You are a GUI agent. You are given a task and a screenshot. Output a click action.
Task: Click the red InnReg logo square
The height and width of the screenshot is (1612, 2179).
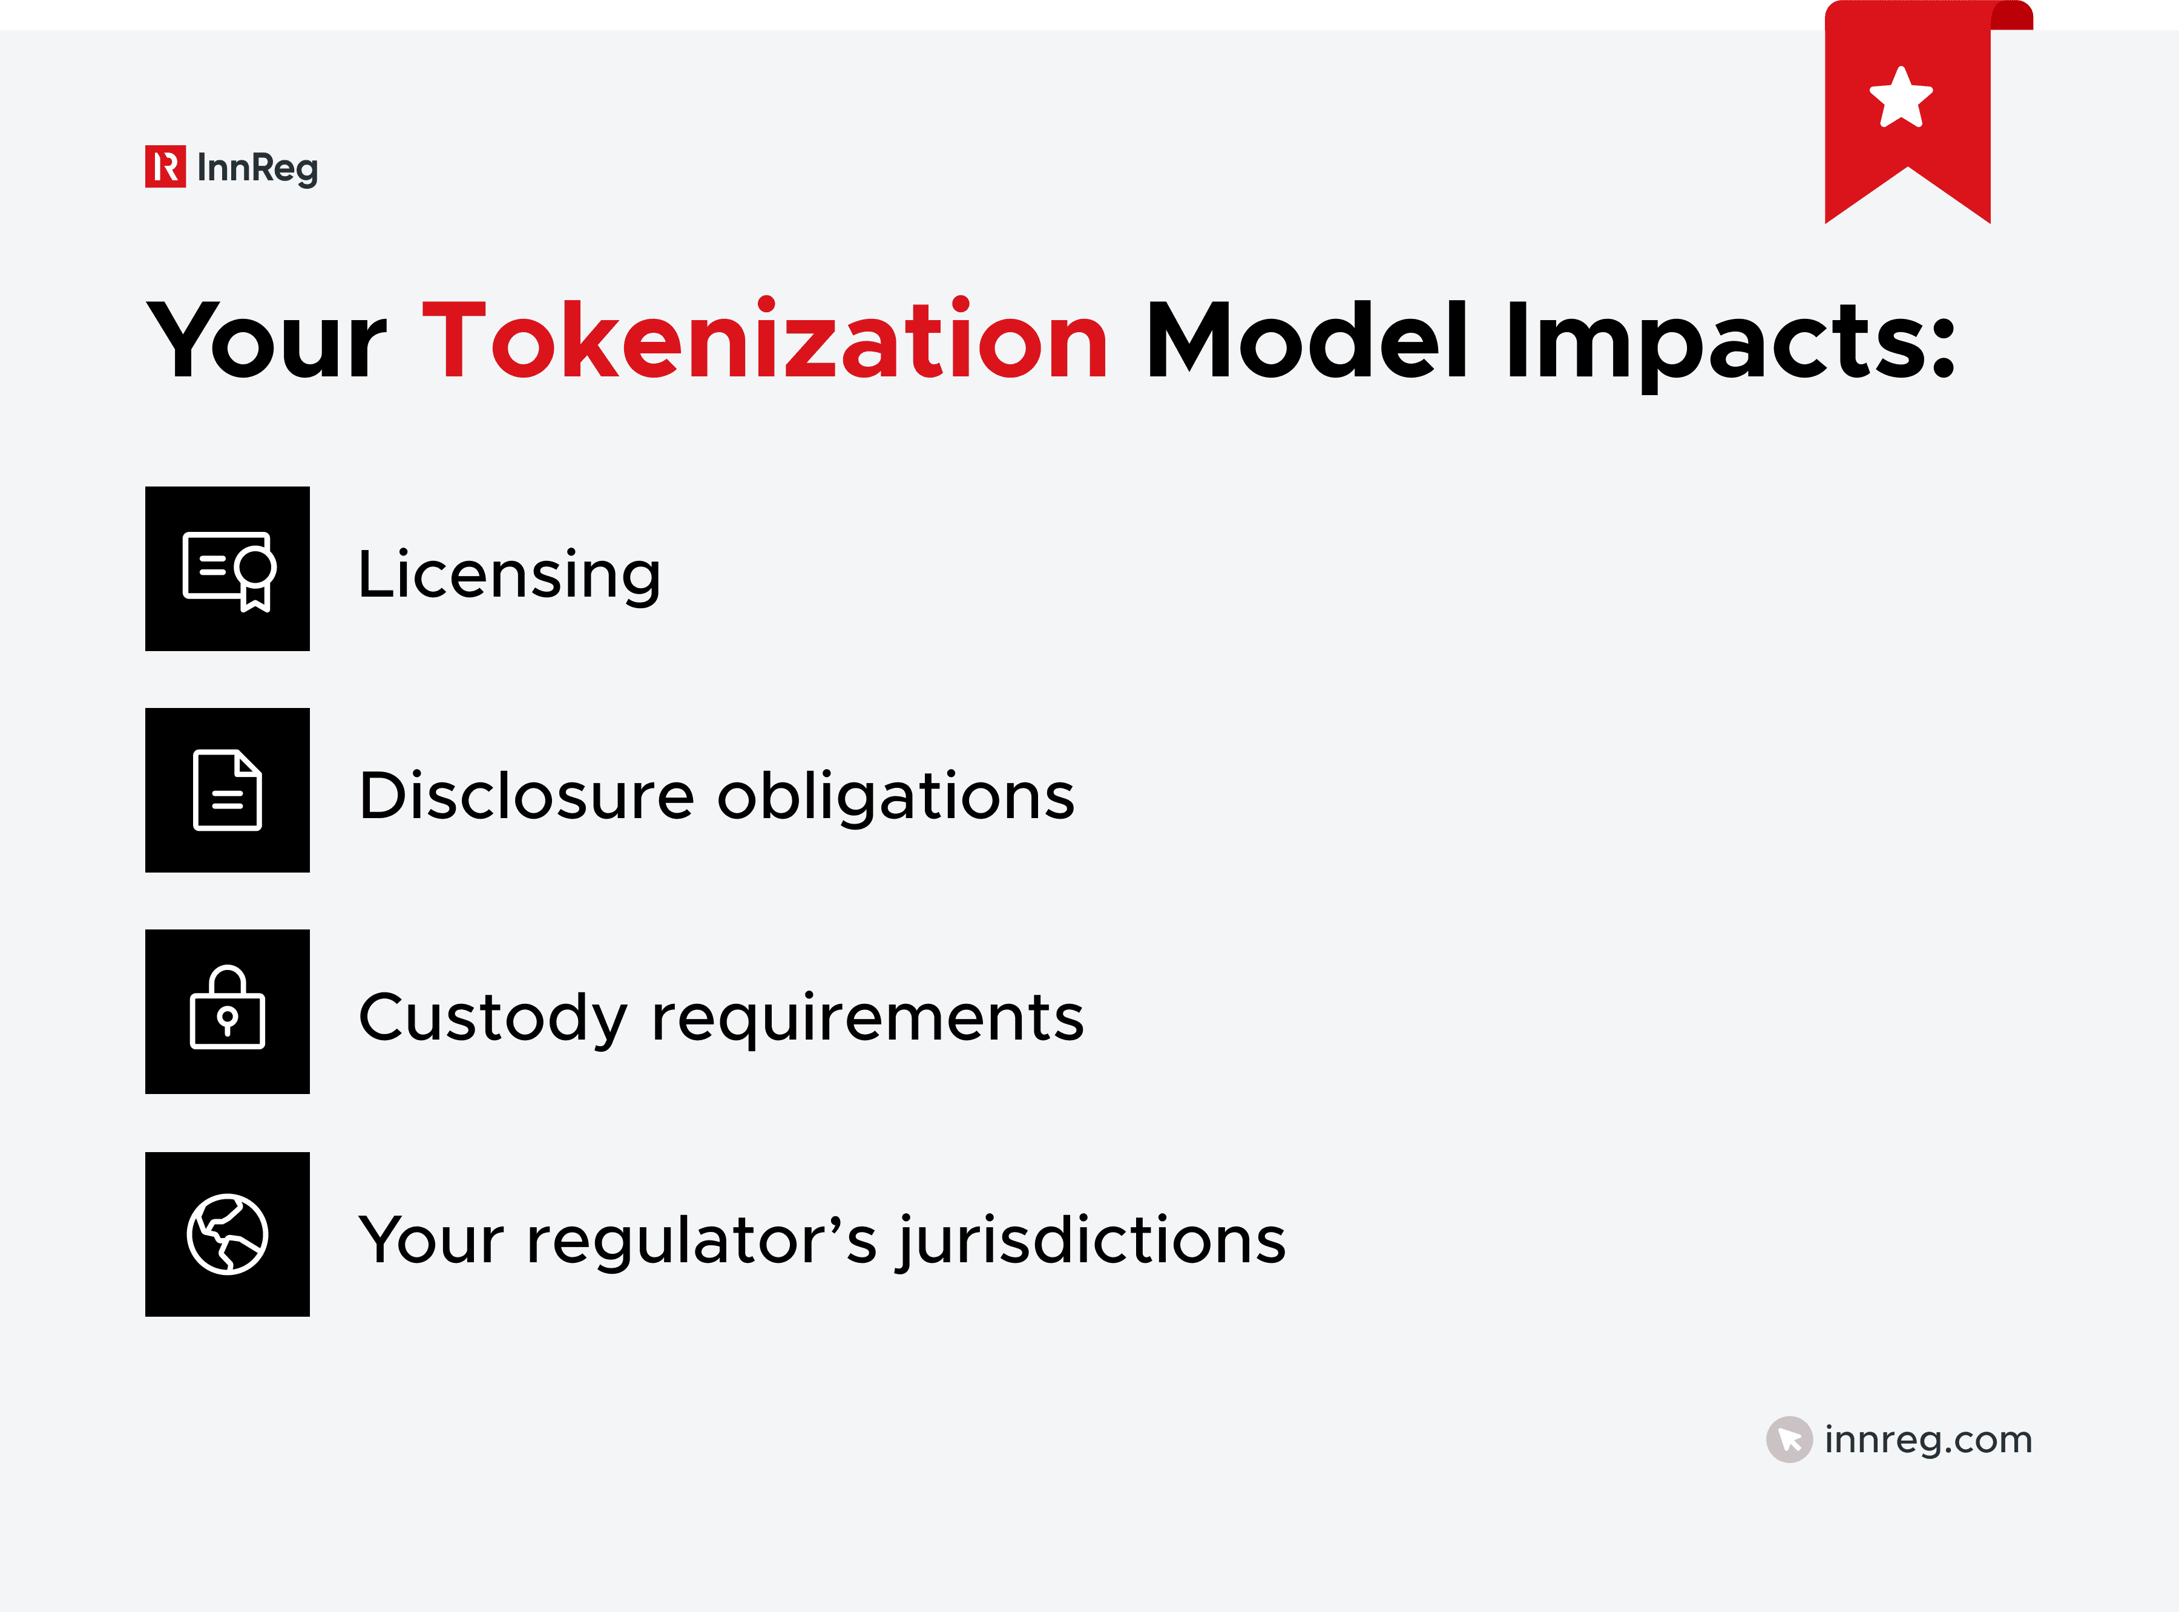pyautogui.click(x=165, y=167)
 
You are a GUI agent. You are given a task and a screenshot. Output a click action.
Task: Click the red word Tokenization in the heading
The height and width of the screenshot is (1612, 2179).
pyautogui.click(x=765, y=341)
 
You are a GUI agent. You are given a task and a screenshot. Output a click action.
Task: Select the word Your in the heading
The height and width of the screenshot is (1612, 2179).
pyautogui.click(x=266, y=341)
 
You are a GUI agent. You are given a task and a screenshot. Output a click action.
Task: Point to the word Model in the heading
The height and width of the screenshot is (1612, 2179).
pyautogui.click(x=1307, y=341)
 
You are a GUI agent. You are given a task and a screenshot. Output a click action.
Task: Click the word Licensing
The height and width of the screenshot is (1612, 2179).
pyautogui.click(x=510, y=575)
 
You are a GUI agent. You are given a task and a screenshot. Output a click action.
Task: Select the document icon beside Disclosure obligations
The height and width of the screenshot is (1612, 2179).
pyautogui.click(x=228, y=790)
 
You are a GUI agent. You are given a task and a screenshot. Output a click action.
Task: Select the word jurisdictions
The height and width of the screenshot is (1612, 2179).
pyautogui.click(x=1092, y=1241)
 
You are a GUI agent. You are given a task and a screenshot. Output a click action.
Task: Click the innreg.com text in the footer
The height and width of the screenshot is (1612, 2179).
pyautogui.click(x=1927, y=1440)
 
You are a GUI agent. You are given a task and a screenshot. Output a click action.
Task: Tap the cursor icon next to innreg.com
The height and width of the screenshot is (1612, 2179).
pyautogui.click(x=1789, y=1440)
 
